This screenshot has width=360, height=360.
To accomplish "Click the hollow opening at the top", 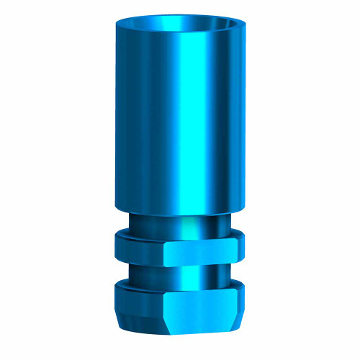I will coord(180,23).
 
